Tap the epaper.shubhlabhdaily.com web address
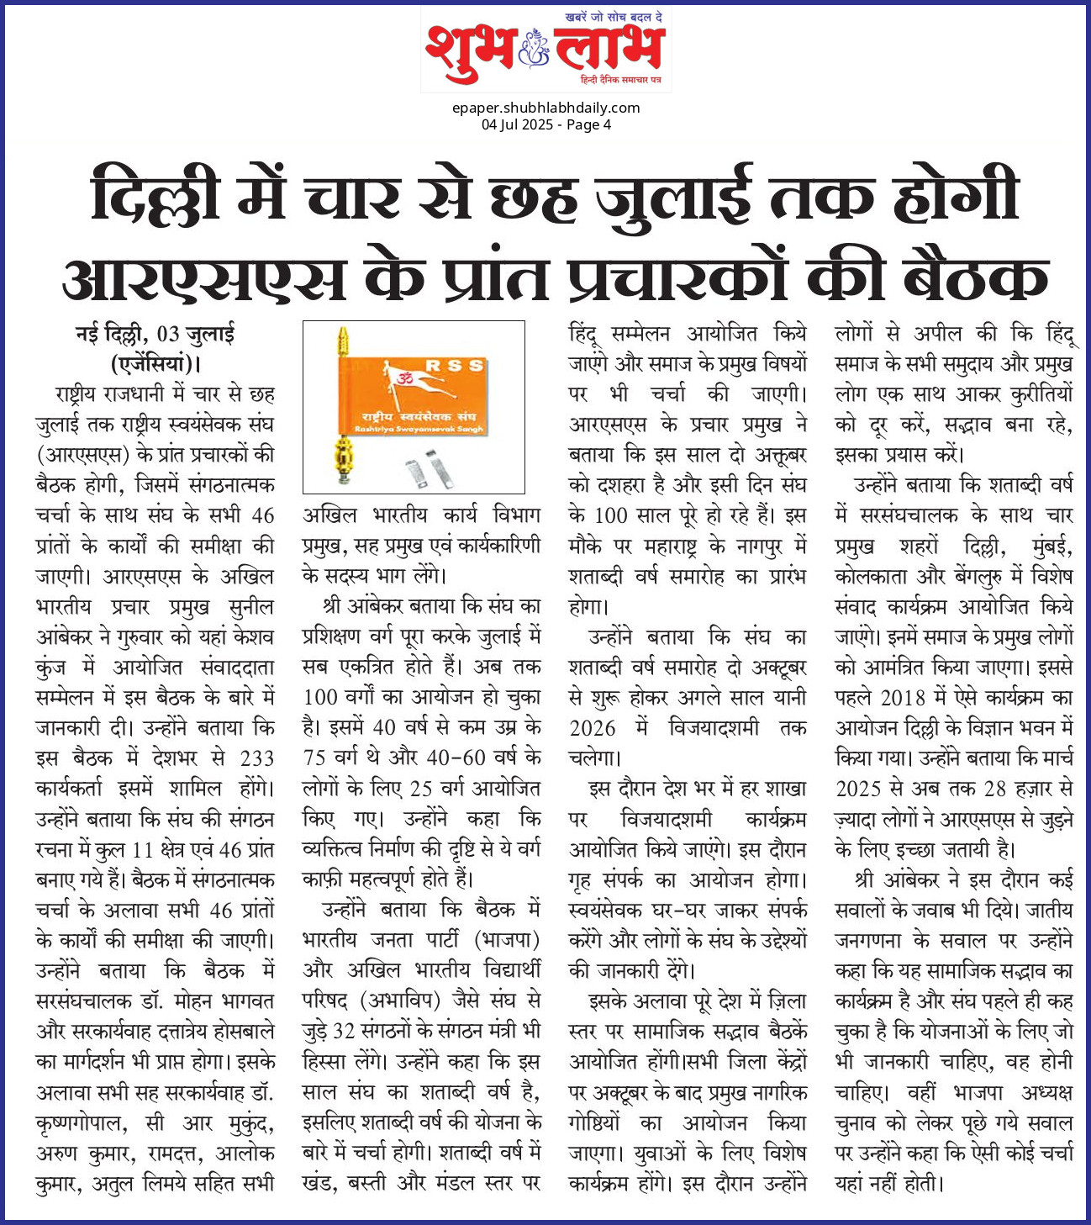coord(545,108)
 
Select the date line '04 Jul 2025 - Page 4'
coord(545,124)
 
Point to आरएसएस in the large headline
coord(204,278)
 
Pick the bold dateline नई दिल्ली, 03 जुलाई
coord(155,334)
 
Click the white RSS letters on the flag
coord(455,366)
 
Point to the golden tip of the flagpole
coord(343,340)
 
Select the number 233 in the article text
coord(256,758)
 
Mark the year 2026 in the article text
coord(593,728)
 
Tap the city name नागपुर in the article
coord(762,546)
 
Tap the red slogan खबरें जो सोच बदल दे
coord(618,18)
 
